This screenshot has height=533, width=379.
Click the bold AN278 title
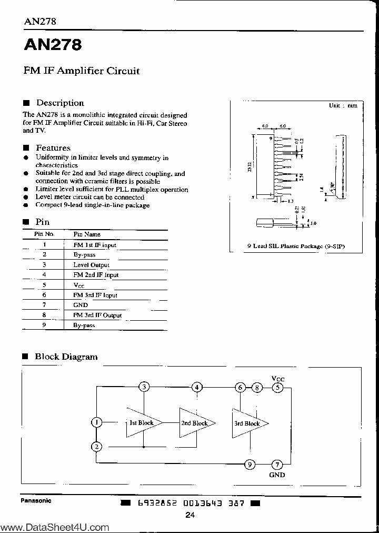pyautogui.click(x=52, y=45)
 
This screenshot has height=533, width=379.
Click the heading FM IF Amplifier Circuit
pyautogui.click(x=82, y=71)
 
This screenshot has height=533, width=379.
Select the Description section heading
pyautogui.click(x=59, y=103)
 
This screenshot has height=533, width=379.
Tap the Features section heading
pyautogui.click(x=53, y=148)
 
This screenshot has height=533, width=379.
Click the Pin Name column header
pyautogui.click(x=87, y=234)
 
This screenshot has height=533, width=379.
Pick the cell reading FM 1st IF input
pyautogui.click(x=95, y=245)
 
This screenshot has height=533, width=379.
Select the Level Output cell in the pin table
pyautogui.click(x=91, y=265)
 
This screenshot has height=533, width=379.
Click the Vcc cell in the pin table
pyautogui.click(x=79, y=285)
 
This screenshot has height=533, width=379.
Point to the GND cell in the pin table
pyautogui.click(x=81, y=305)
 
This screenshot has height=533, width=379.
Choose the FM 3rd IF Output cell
pyautogui.click(x=97, y=315)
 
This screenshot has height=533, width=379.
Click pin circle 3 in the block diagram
pyautogui.click(x=144, y=388)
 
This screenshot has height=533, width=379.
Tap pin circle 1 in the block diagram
pyautogui.click(x=96, y=422)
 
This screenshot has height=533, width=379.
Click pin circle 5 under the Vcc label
pyautogui.click(x=277, y=388)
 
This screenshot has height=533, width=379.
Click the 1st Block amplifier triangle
pyautogui.click(x=141, y=423)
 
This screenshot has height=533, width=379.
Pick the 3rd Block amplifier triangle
pyautogui.click(x=247, y=423)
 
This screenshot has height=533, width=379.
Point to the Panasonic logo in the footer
pyautogui.click(x=36, y=500)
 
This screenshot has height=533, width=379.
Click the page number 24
pyautogui.click(x=190, y=515)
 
